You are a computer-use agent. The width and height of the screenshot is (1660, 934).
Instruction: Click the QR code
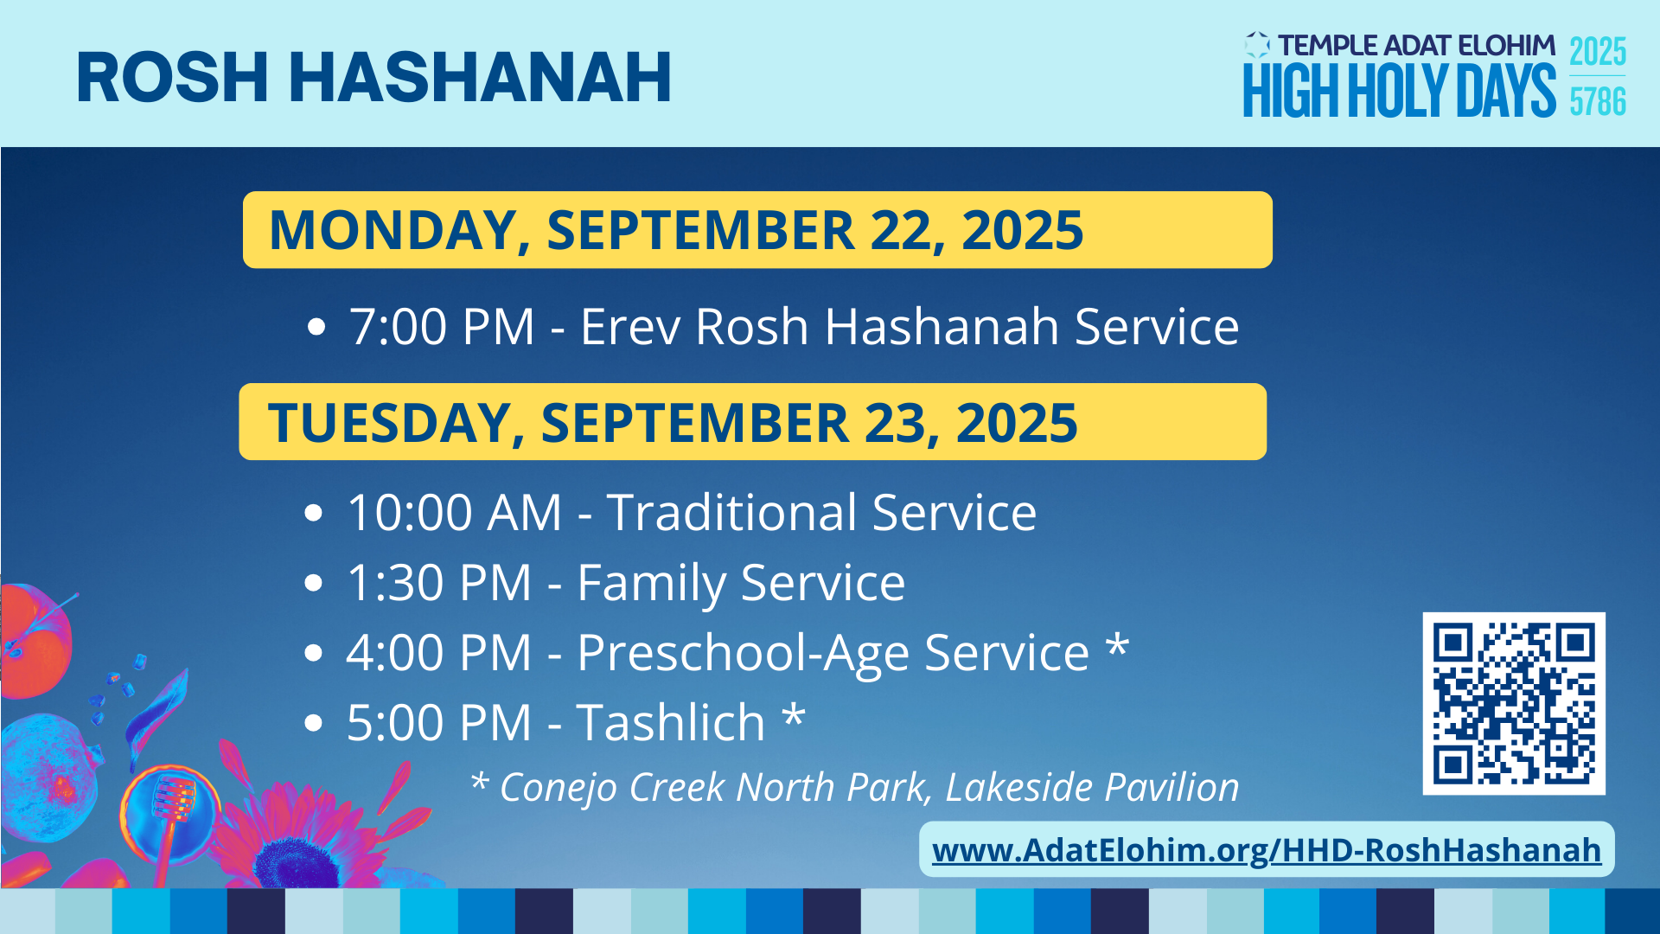point(1514,703)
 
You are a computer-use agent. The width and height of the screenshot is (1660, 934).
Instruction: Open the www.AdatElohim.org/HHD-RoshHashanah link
point(1267,850)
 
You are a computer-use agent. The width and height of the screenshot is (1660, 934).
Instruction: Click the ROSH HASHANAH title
point(374,78)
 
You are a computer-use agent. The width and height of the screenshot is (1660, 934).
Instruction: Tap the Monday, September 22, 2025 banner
point(757,230)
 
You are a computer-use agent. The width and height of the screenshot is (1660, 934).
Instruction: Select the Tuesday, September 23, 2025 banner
point(753,422)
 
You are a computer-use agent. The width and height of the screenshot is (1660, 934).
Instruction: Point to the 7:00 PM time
point(442,327)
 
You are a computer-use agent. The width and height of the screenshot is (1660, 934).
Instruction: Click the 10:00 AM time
point(455,512)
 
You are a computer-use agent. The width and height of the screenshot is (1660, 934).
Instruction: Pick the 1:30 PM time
point(439,583)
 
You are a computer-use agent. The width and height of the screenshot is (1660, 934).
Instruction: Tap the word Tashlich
point(671,722)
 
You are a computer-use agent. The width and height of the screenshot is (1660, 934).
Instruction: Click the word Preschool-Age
point(833,653)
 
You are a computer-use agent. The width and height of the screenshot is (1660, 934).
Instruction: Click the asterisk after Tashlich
point(794,716)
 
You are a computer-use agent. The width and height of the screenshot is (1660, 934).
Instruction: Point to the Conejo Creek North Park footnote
point(855,787)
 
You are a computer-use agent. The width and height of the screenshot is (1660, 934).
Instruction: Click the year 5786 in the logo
point(1598,102)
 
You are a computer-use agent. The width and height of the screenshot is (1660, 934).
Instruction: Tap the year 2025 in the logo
point(1598,52)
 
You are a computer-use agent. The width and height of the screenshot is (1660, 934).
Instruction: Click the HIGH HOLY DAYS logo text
point(1400,91)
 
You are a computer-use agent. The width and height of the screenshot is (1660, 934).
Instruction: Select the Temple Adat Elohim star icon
point(1257,45)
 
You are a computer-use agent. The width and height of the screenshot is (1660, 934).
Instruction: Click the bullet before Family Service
point(314,583)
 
